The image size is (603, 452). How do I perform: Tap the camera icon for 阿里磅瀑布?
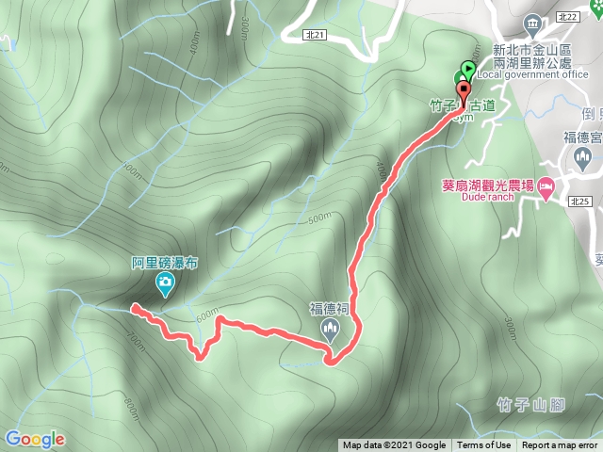pyautogui.click(x=164, y=282)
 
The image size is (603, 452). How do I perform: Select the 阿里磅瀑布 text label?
pyautogui.click(x=164, y=264)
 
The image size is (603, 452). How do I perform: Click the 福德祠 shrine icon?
pyautogui.click(x=330, y=329)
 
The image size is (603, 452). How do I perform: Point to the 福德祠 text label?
pyautogui.click(x=330, y=308)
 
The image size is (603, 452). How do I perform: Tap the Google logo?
pyautogui.click(x=35, y=439)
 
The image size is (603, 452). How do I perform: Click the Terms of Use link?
pyautogui.click(x=484, y=445)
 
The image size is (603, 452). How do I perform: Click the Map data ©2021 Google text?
pyautogui.click(x=394, y=445)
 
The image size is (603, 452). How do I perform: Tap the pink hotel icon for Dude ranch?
pyautogui.click(x=546, y=190)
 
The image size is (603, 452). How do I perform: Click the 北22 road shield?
pyautogui.click(x=592, y=17)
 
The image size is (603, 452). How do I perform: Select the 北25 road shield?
pyautogui.click(x=580, y=201)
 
